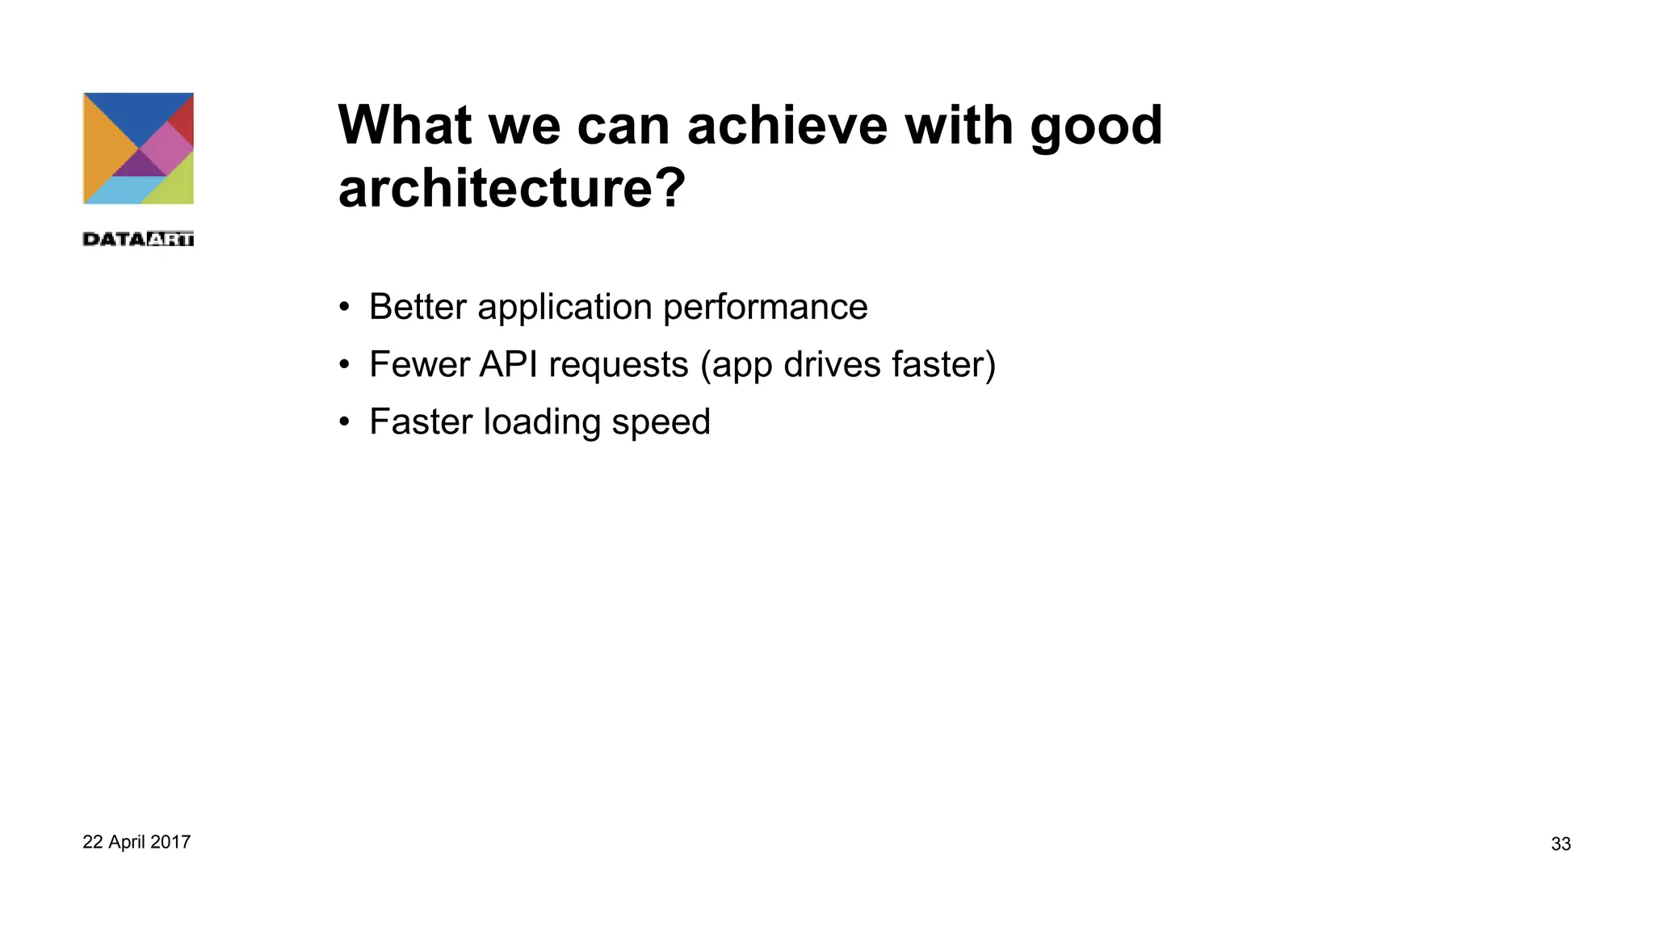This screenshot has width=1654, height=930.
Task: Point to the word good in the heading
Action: (x=1096, y=127)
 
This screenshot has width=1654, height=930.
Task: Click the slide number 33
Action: (x=1560, y=844)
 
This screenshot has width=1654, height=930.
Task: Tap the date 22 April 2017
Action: (x=136, y=842)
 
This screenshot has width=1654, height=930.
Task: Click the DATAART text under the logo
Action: (x=138, y=238)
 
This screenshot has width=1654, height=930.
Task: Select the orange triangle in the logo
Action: (x=103, y=149)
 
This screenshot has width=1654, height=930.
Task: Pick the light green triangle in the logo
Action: (x=176, y=184)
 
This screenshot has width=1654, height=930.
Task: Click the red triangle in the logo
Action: (x=184, y=117)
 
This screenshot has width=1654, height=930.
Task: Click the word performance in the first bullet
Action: (x=765, y=308)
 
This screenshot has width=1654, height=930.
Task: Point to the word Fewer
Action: (x=418, y=364)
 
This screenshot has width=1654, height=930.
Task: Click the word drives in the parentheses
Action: (x=831, y=364)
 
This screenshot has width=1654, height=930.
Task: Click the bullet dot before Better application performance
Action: (x=345, y=308)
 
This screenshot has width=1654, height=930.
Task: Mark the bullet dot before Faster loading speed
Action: (x=345, y=422)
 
